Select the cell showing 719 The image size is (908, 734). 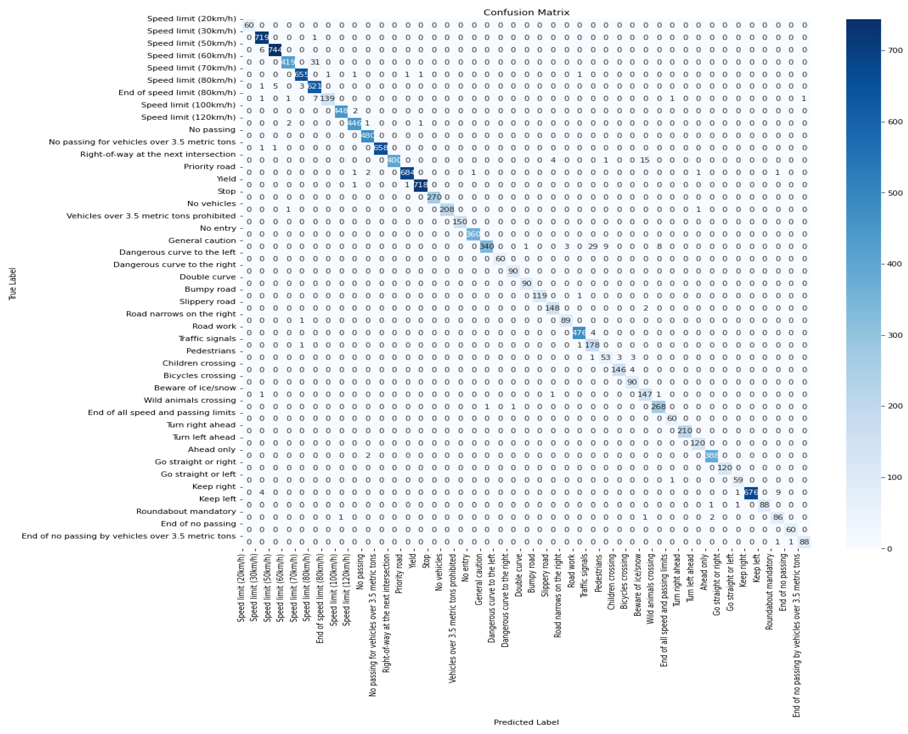pos(262,38)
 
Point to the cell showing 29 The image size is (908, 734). pos(593,246)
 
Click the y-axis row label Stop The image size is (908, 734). pos(227,191)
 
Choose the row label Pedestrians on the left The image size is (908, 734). pos(211,351)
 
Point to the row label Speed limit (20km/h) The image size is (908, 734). pos(191,19)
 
